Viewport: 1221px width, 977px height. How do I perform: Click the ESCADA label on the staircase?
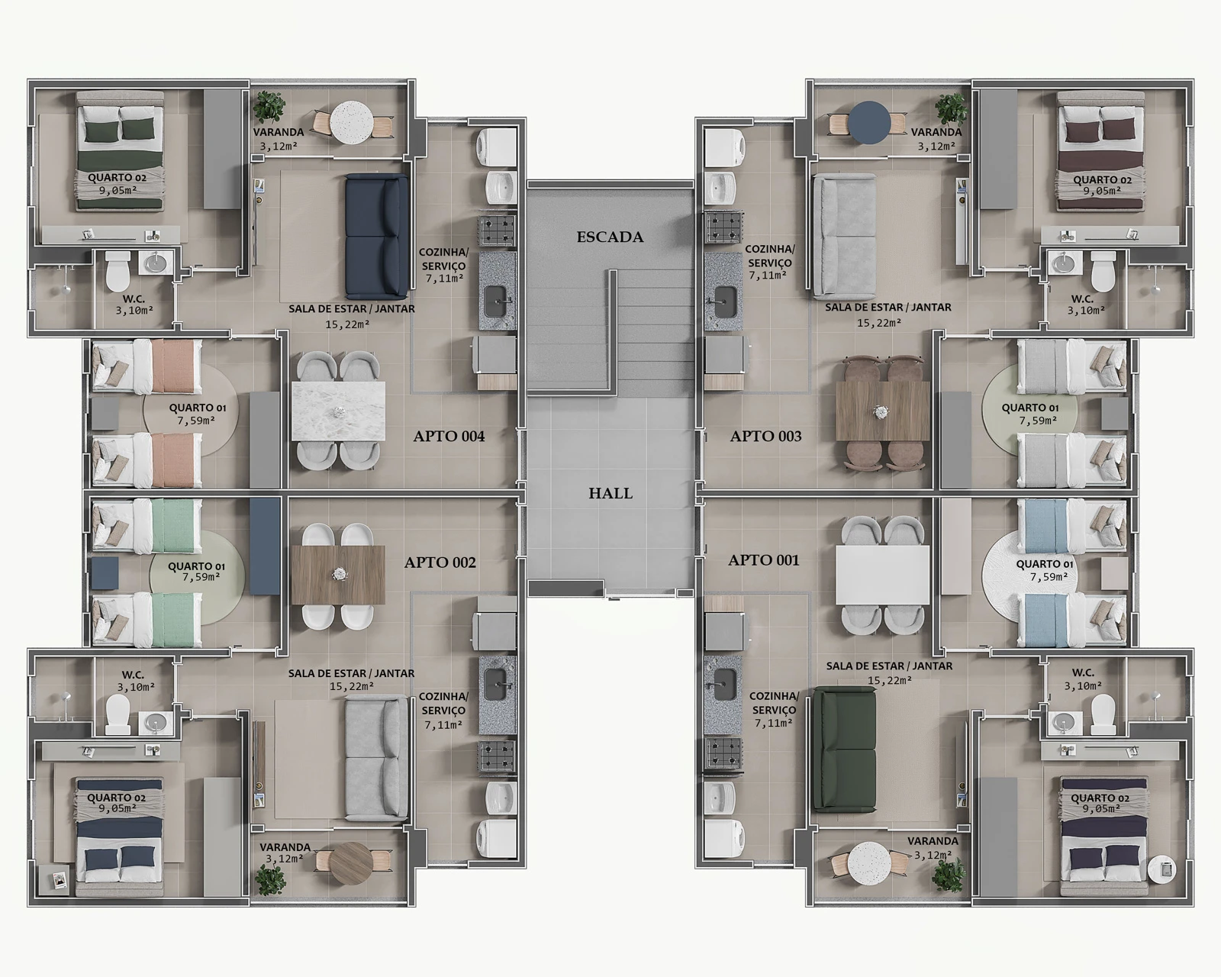tap(610, 237)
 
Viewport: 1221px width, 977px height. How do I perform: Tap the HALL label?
tap(610, 493)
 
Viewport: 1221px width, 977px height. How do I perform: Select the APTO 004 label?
tap(449, 436)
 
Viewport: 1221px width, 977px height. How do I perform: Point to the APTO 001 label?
tap(764, 559)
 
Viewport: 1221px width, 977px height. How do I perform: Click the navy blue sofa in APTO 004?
tap(376, 236)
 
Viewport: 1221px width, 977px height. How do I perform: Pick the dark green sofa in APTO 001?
tap(844, 750)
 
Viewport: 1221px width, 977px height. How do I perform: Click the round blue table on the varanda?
tap(869, 122)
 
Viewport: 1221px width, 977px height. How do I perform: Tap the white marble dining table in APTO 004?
tap(338, 411)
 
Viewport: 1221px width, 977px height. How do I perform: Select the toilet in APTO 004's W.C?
tap(118, 272)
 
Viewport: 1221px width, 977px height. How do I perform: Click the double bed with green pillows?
tap(120, 151)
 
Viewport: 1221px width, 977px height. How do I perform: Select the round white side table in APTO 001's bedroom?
tap(1161, 869)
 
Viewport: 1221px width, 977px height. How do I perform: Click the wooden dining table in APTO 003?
tap(882, 411)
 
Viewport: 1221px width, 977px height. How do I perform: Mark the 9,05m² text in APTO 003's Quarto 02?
tap(1102, 191)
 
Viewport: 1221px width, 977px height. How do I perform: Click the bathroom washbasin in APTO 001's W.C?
tap(1063, 722)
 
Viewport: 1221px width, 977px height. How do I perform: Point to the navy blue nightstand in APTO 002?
tap(105, 573)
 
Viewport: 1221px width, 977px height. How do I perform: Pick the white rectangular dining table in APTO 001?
tap(882, 575)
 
